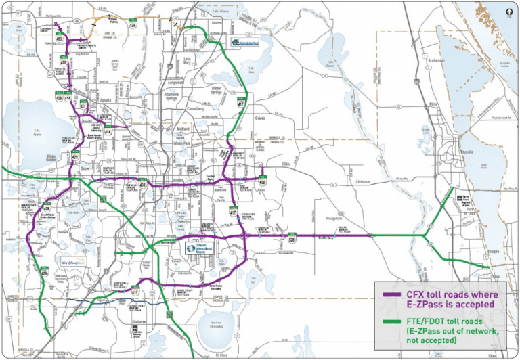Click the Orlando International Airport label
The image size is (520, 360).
tap(201, 249)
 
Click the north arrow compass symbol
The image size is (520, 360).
tap(508, 11)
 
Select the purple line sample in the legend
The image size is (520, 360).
tap(390, 295)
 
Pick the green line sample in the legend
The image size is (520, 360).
tap(390, 323)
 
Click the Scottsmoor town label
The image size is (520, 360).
tap(440, 60)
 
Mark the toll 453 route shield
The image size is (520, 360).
tap(60, 40)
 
